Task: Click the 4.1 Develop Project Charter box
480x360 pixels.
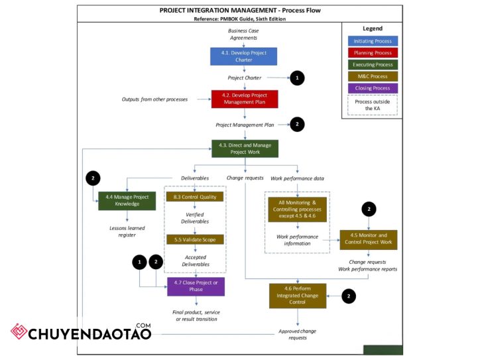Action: pyautogui.click(x=244, y=56)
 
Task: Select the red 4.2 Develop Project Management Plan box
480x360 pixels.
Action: pyautogui.click(x=245, y=99)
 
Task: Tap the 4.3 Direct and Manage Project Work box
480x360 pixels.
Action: pyautogui.click(x=245, y=149)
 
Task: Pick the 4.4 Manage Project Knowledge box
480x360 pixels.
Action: pyautogui.click(x=127, y=201)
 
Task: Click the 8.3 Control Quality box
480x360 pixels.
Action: pyautogui.click(x=195, y=197)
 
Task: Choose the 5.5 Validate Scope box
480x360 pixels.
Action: pyautogui.click(x=195, y=239)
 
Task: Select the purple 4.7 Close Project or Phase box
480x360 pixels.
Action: pyautogui.click(x=196, y=286)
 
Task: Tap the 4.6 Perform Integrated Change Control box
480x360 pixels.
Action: pyautogui.click(x=298, y=296)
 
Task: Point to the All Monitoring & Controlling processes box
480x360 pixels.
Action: pyautogui.click(x=297, y=210)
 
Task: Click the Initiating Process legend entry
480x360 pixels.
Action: pyautogui.click(x=373, y=41)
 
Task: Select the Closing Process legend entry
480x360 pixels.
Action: pyautogui.click(x=373, y=88)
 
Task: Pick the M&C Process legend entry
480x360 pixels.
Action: pyautogui.click(x=373, y=76)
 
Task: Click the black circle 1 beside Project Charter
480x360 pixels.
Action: pyautogui.click(x=297, y=78)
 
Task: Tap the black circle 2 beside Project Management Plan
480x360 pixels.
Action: pyautogui.click(x=297, y=124)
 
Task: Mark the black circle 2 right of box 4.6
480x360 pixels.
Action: pyautogui.click(x=349, y=296)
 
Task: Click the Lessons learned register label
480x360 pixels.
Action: pyautogui.click(x=127, y=231)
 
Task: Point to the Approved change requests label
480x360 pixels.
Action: pyautogui.click(x=297, y=334)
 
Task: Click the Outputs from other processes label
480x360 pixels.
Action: pyautogui.click(x=154, y=99)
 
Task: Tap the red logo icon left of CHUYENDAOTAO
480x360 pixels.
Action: pyautogui.click(x=19, y=331)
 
